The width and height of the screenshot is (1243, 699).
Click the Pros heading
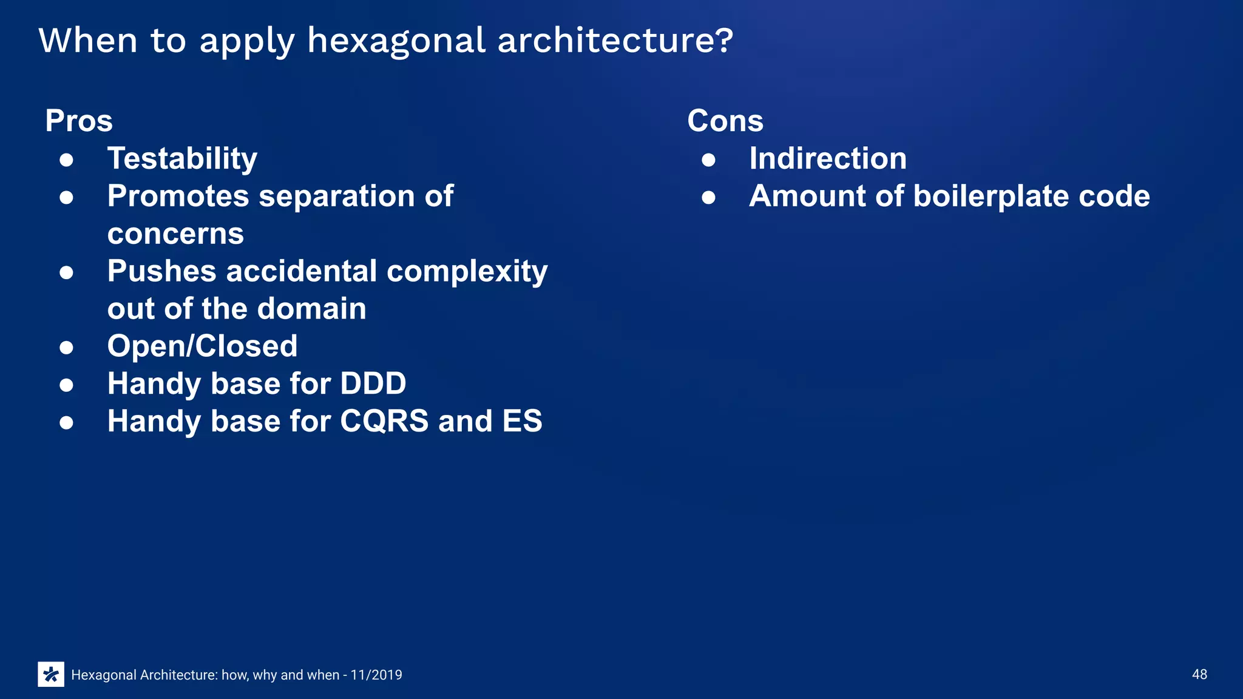[x=79, y=121]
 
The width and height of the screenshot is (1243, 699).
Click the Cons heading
[x=725, y=121]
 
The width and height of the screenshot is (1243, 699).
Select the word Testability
[x=182, y=159]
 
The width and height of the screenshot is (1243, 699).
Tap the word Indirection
[x=828, y=159]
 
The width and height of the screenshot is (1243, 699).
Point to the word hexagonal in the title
[x=396, y=41]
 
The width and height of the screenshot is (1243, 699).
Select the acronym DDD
[x=373, y=384]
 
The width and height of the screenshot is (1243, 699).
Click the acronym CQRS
[x=384, y=422]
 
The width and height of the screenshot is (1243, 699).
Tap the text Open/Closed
[x=202, y=346]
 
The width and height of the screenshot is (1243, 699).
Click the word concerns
[x=175, y=234]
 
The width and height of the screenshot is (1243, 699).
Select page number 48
[x=1199, y=675]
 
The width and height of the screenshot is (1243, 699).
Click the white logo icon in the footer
[x=51, y=674]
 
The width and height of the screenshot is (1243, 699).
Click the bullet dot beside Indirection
[x=708, y=160]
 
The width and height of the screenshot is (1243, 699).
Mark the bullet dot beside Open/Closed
[x=67, y=348]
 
